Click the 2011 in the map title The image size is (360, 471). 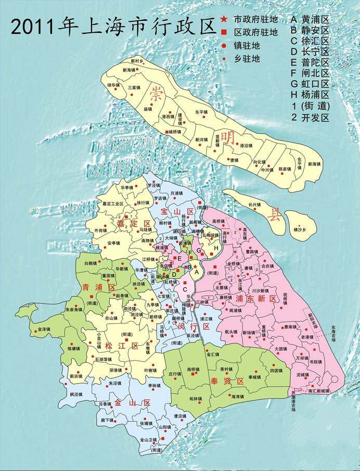point(33,26)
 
